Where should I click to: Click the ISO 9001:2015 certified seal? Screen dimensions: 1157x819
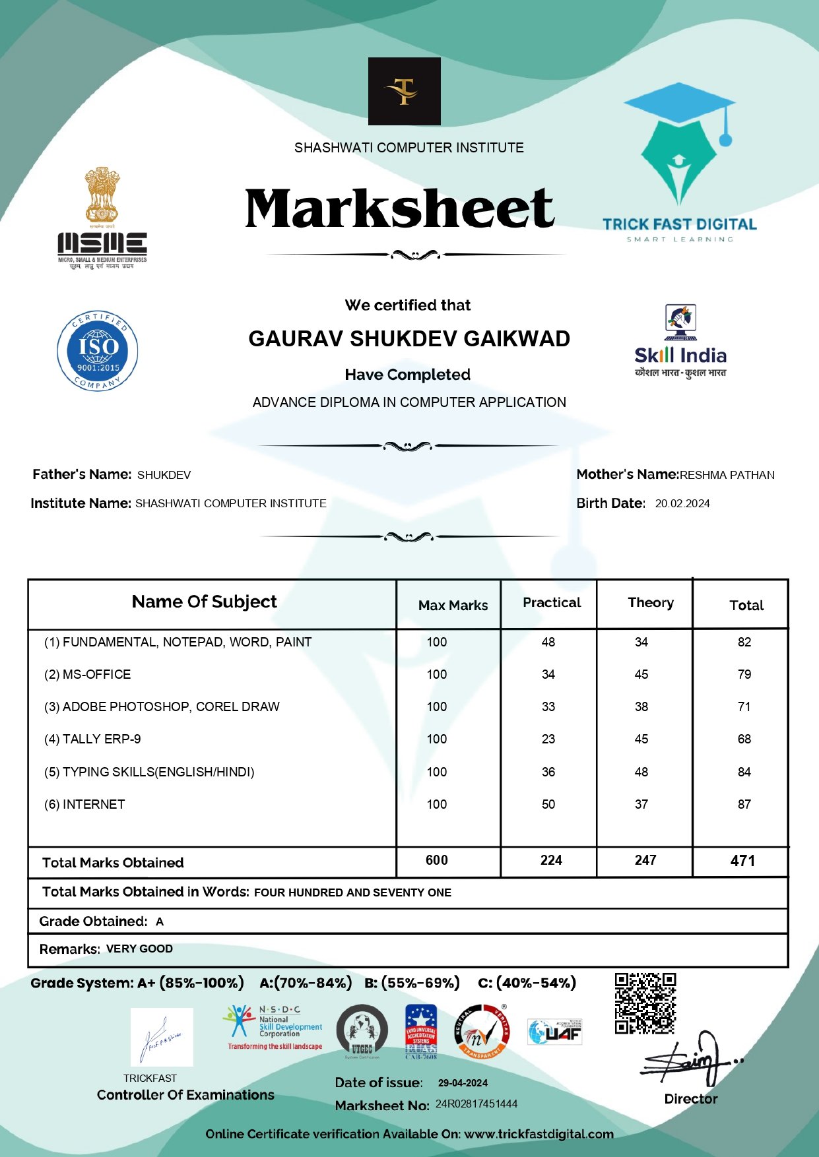[98, 351]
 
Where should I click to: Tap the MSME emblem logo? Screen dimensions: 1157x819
[102, 218]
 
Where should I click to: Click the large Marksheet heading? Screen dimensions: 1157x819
[399, 208]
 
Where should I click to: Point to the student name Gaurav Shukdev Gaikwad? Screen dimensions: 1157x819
[409, 338]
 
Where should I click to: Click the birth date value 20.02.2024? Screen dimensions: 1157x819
[682, 503]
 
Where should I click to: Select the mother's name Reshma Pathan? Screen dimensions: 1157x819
[727, 475]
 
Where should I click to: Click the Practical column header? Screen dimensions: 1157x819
[552, 602]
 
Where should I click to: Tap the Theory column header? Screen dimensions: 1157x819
[651, 602]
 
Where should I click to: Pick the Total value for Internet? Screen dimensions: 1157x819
[744, 804]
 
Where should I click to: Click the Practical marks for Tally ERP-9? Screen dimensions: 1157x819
[548, 739]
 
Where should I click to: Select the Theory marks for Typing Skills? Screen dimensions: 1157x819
[641, 772]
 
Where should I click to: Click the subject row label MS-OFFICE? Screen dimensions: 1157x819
[96, 674]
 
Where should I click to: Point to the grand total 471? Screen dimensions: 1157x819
[742, 860]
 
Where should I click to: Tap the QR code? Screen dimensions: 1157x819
[645, 1003]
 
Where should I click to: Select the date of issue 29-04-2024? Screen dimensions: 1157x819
[463, 1082]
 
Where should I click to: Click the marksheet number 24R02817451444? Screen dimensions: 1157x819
[476, 1104]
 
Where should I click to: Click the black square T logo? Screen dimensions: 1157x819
[405, 91]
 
